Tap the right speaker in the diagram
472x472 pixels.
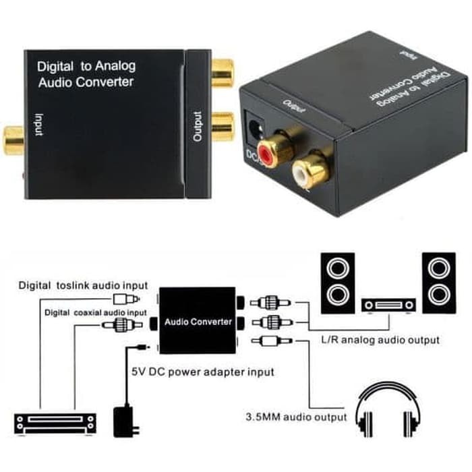438,283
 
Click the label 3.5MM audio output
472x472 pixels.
297,417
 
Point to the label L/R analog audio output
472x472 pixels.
380,339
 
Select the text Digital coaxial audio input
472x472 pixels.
95,313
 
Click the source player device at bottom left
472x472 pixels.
55,422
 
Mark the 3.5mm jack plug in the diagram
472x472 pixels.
269,341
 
